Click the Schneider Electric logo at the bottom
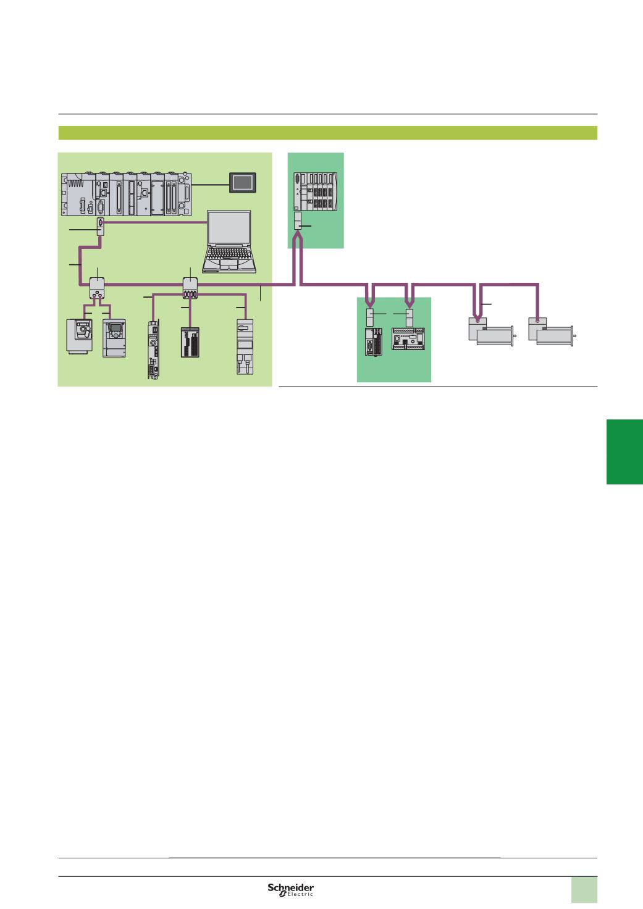[290, 889]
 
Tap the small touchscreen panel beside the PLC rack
[240, 183]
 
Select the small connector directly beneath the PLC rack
[100, 226]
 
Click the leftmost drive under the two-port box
[80, 335]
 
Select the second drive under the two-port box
[114, 338]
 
